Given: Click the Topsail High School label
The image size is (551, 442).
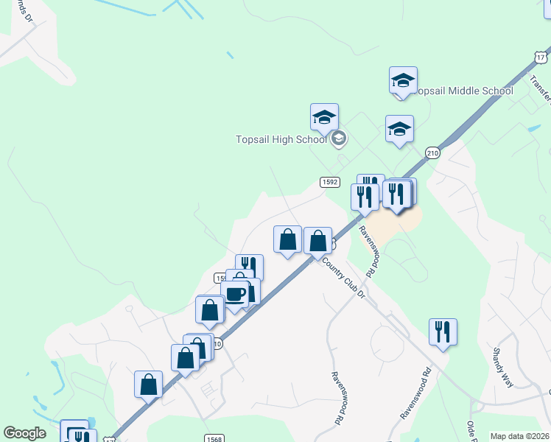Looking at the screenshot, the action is coord(281,139).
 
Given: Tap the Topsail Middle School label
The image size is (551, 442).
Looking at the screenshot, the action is coord(464,91).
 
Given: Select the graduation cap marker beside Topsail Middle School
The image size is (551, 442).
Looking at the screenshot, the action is coord(403,80).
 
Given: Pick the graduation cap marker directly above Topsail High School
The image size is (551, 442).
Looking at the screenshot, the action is coord(324,117).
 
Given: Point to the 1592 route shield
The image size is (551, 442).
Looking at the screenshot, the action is coord(329,182).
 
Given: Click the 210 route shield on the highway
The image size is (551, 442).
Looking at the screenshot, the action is coord(432,152).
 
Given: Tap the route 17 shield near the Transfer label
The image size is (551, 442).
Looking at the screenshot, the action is coord(541,57).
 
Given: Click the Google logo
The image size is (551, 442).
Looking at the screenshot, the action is coord(24,433).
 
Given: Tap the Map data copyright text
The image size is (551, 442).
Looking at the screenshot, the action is coord(519,436).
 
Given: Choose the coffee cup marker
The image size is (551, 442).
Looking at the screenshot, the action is coord(236,294).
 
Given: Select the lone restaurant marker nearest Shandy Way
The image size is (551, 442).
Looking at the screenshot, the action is coord(443,331).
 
